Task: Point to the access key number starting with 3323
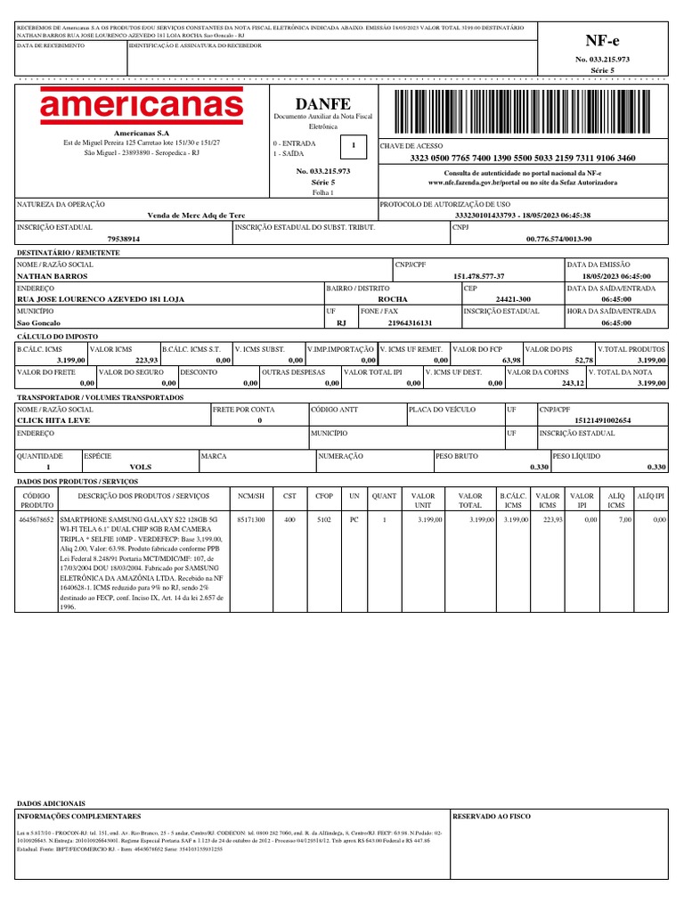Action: pos(523,158)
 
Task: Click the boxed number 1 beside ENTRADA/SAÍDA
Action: pos(354,144)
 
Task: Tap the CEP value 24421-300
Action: pos(513,299)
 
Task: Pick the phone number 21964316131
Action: pos(407,322)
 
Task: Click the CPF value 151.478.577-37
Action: pos(479,277)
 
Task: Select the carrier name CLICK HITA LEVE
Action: pos(56,419)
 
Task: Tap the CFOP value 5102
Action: pos(323,517)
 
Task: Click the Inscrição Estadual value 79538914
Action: pos(123,240)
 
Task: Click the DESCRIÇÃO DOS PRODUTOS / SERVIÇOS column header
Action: pos(143,495)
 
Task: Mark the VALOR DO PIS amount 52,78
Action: pos(579,359)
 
